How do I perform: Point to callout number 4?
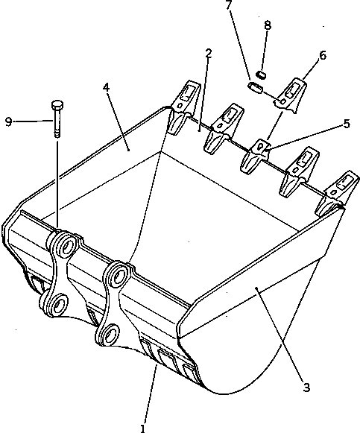[107, 87]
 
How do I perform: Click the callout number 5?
[346, 124]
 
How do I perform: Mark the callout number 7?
[229, 6]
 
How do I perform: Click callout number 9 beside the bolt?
[8, 121]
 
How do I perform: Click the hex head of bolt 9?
[57, 105]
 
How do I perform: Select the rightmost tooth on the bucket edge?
[341, 188]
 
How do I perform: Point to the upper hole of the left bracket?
[65, 245]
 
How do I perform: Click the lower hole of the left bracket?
[56, 303]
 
